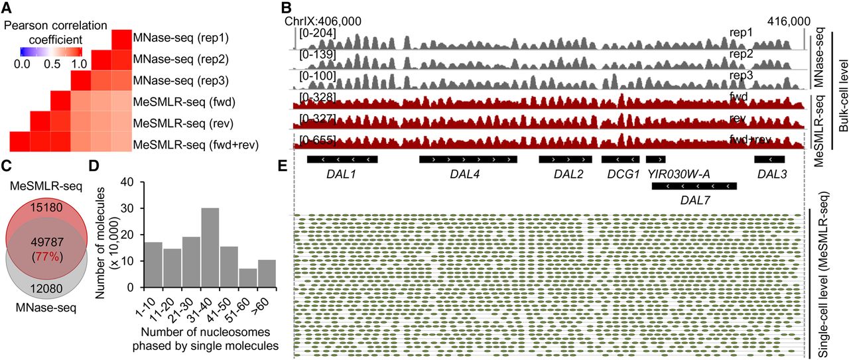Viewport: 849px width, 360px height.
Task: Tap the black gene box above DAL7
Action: pos(694,186)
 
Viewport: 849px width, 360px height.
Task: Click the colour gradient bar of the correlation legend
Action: pos(51,51)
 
